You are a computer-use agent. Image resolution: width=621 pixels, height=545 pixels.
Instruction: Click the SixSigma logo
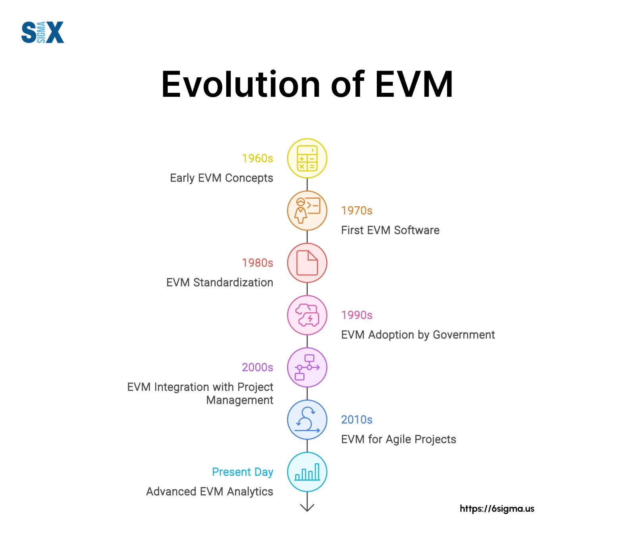click(x=42, y=32)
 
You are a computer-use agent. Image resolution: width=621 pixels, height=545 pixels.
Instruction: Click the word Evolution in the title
click(x=241, y=84)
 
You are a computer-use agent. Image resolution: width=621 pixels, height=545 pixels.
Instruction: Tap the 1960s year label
click(x=258, y=158)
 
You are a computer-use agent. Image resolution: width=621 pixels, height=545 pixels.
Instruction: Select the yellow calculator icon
click(x=307, y=158)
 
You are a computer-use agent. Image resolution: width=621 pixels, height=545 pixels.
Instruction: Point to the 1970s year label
click(x=357, y=211)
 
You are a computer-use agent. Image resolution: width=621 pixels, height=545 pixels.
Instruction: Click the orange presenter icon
click(x=307, y=211)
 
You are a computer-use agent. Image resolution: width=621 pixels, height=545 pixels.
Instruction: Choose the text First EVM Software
click(x=390, y=230)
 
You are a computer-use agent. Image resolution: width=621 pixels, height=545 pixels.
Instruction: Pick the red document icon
click(x=307, y=263)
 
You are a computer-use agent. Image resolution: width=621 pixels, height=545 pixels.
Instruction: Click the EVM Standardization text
click(x=220, y=282)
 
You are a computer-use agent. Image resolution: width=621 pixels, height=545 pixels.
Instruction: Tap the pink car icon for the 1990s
click(x=307, y=315)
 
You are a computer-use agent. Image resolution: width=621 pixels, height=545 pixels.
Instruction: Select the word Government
click(x=464, y=335)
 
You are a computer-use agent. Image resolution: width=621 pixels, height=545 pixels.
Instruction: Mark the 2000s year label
click(x=258, y=367)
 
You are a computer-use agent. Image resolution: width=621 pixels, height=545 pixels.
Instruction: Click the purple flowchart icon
click(x=307, y=367)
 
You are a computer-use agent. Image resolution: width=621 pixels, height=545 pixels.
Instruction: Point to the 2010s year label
click(x=357, y=420)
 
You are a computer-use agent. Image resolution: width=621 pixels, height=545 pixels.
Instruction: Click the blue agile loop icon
click(x=307, y=420)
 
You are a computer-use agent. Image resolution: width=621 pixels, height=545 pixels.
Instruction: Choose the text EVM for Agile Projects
click(x=399, y=439)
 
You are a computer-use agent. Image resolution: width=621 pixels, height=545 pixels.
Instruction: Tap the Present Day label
click(x=243, y=472)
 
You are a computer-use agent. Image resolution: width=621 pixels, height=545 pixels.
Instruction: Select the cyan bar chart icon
click(x=307, y=472)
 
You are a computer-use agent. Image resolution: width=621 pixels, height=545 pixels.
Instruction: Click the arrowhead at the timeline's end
click(x=307, y=508)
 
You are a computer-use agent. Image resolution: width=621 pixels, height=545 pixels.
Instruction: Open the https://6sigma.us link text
click(x=497, y=509)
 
